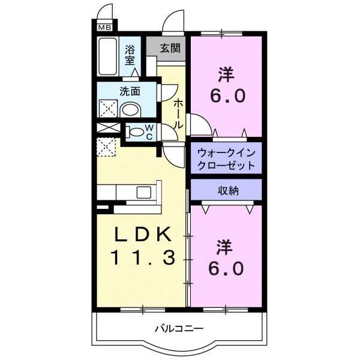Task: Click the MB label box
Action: (104, 26)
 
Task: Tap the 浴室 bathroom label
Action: (130, 56)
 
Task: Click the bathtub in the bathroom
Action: (109, 58)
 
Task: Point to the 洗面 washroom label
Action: (130, 92)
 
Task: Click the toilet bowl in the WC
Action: (136, 132)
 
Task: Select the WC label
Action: (149, 132)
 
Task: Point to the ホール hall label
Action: (178, 113)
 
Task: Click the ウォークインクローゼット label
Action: (227, 159)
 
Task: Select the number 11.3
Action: (142, 258)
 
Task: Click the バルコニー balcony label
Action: (179, 328)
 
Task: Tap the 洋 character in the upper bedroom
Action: (226, 75)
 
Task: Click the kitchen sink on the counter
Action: (145, 192)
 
